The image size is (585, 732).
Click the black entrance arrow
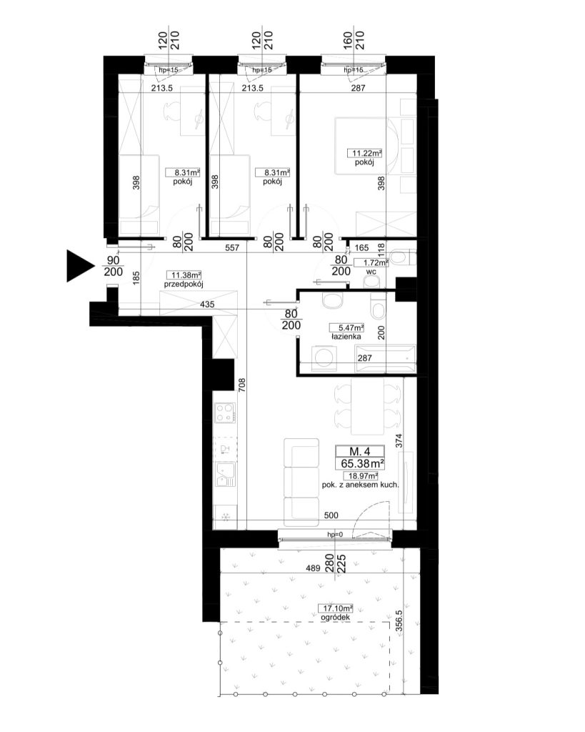pyautogui.click(x=79, y=266)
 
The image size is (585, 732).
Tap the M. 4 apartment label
pyautogui.click(x=360, y=452)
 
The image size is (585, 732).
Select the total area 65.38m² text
pyautogui.click(x=362, y=463)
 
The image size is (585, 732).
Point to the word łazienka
pyautogui.click(x=346, y=336)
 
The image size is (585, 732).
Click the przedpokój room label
pyautogui.click(x=184, y=284)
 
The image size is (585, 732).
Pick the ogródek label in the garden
pyautogui.click(x=336, y=617)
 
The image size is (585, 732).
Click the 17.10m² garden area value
pyautogui.click(x=336, y=608)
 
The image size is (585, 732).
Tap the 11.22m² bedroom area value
pyautogui.click(x=364, y=153)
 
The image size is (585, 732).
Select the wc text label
pyautogui.click(x=371, y=271)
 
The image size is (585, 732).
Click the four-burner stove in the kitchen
pyautogui.click(x=225, y=412)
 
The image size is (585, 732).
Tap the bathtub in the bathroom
pyautogui.click(x=386, y=360)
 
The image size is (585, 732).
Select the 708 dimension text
pyautogui.click(x=241, y=385)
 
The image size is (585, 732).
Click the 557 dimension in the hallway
pyautogui.click(x=232, y=248)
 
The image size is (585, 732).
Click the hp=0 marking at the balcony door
pyautogui.click(x=334, y=535)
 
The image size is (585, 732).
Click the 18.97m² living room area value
pyautogui.click(x=361, y=476)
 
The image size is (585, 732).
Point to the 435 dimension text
pyautogui.click(x=207, y=305)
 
